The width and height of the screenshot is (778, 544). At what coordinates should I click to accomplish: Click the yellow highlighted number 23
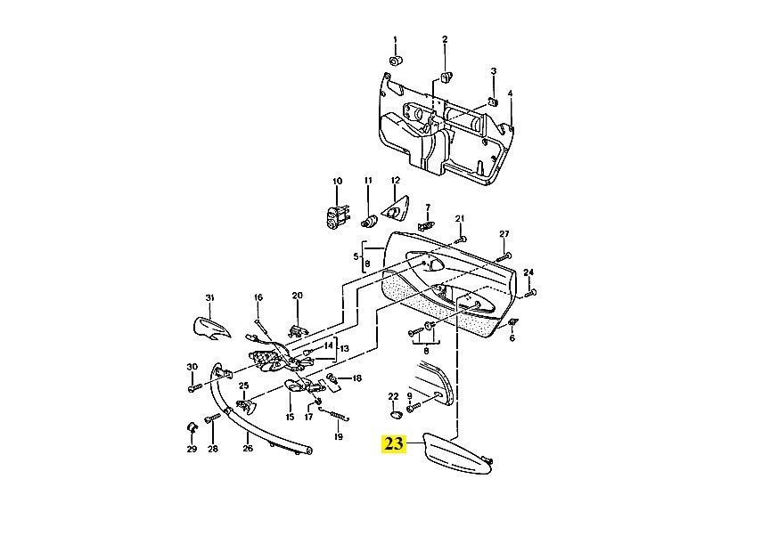pos(394,443)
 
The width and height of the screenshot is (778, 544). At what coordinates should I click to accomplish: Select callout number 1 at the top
pos(396,40)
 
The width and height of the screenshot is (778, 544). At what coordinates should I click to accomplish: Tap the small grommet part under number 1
pos(396,61)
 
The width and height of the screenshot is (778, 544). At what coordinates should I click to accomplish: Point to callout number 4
pos(510,93)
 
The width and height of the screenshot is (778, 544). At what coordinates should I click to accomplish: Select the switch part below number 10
pos(338,218)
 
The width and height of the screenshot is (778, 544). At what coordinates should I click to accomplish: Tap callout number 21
pos(460,219)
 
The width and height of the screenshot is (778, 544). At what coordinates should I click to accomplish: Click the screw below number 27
pos(504,257)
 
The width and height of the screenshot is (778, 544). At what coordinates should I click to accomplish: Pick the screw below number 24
pos(528,294)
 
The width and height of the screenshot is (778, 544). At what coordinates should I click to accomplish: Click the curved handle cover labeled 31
pos(211,329)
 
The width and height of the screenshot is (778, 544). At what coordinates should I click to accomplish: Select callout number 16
pos(258,297)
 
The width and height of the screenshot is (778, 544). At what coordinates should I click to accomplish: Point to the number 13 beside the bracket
pos(344,349)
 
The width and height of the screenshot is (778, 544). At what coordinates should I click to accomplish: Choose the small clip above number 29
pos(192,428)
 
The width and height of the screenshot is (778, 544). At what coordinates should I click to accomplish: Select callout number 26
pos(248,449)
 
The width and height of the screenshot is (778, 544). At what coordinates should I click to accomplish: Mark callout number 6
pos(512,338)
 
